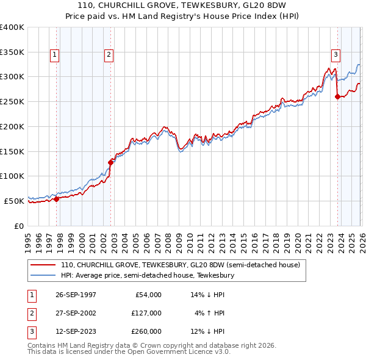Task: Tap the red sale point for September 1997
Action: pyautogui.click(x=56, y=198)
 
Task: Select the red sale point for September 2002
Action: pyautogui.click(x=110, y=162)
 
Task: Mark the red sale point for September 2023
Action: pyautogui.click(x=337, y=96)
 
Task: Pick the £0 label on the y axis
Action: pyautogui.click(x=18, y=226)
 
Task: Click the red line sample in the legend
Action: pyautogui.click(x=43, y=265)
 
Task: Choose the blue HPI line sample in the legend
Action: pyautogui.click(x=43, y=276)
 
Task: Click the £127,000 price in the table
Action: pyautogui.click(x=146, y=313)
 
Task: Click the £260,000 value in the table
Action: pyautogui.click(x=146, y=331)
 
